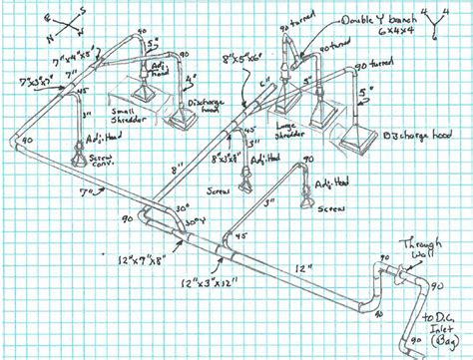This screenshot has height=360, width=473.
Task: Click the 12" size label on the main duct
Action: (x=302, y=266)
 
